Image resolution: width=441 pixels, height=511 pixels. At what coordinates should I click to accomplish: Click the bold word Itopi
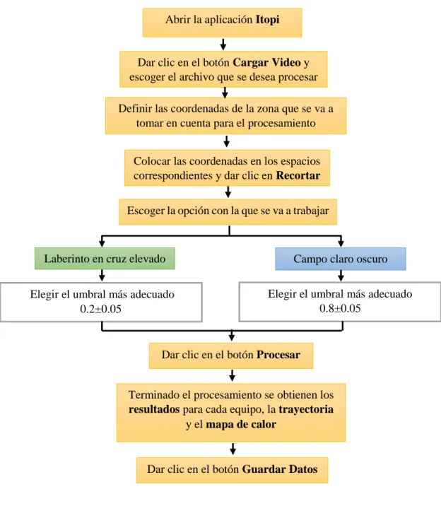tap(267, 20)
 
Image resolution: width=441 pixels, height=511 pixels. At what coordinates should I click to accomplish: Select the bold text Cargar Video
tap(266, 62)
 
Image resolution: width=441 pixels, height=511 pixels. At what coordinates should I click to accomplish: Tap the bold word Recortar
tap(298, 175)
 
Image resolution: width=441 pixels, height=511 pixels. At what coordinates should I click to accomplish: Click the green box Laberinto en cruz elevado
tap(105, 259)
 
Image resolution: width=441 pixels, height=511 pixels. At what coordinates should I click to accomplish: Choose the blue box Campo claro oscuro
tap(340, 259)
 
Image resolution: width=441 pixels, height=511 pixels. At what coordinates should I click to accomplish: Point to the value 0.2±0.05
tap(101, 309)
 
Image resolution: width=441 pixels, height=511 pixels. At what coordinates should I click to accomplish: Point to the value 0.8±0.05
tap(340, 308)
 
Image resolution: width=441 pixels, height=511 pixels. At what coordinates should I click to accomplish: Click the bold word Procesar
tap(278, 355)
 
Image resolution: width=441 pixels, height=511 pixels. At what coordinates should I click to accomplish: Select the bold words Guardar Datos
tap(280, 469)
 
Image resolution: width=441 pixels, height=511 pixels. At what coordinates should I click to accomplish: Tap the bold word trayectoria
tap(306, 409)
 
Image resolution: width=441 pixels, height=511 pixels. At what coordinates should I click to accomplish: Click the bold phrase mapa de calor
tap(241, 424)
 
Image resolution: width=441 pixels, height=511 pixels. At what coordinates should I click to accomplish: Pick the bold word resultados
tap(154, 409)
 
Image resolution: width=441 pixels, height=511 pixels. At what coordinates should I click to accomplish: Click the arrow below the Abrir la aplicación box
tap(223, 44)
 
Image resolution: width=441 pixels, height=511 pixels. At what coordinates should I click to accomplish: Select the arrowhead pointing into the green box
tap(102, 243)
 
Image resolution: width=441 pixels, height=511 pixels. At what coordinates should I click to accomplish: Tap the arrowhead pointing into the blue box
tap(341, 243)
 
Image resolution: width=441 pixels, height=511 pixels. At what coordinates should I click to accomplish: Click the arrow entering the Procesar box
tap(232, 336)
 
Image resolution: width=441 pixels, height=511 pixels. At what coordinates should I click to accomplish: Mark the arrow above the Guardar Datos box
tap(233, 449)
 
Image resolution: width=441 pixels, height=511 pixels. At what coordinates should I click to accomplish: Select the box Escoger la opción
tap(228, 212)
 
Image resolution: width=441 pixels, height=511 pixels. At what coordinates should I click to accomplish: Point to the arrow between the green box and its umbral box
tap(102, 276)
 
